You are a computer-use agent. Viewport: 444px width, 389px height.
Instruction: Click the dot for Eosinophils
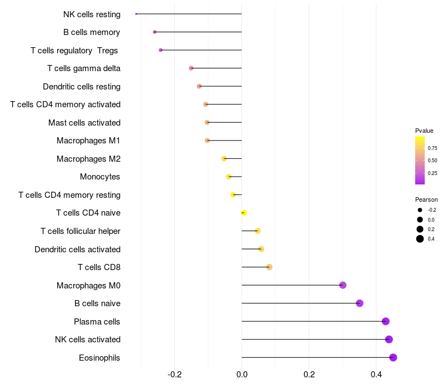[393, 357]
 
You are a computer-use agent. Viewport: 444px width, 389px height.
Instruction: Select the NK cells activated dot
[389, 340]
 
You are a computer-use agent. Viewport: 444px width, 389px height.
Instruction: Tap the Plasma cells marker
[386, 321]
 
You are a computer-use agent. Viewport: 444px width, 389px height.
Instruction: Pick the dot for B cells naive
[360, 303]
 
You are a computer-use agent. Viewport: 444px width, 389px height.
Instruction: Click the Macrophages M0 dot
[343, 285]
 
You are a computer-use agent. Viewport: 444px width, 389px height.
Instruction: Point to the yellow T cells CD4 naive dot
[244, 213]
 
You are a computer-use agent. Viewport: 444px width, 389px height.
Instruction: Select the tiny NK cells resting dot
[136, 14]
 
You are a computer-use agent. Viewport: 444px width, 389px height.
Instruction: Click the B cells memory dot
[155, 32]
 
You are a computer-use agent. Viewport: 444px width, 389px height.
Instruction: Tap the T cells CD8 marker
[269, 267]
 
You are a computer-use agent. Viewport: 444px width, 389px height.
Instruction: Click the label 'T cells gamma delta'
[84, 68]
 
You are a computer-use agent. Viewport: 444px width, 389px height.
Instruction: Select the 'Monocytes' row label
[100, 177]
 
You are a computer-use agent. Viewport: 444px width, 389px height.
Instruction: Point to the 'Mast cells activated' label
[84, 122]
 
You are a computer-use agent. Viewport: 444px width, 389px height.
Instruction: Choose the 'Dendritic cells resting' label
[82, 87]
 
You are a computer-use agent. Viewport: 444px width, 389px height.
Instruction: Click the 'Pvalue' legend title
[424, 131]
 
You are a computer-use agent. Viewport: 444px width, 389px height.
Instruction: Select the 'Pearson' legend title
[426, 200]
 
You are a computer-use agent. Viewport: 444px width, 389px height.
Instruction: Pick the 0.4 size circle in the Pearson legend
[420, 239]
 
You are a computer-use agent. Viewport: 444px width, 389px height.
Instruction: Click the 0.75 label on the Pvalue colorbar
[432, 148]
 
